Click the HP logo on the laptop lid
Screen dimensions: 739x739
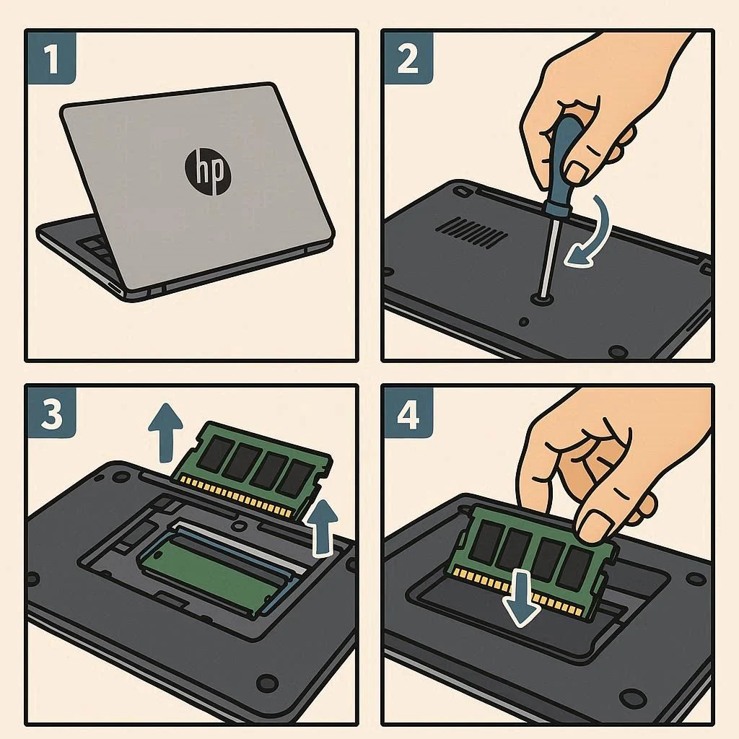208,172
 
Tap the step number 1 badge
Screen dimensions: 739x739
51,58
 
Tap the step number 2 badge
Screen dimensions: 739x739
408,58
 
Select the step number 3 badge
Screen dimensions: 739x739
51,414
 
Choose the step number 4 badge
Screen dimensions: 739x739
408,414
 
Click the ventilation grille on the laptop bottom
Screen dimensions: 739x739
471,232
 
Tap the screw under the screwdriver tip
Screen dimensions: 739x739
542,298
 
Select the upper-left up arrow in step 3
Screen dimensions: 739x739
165,432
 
